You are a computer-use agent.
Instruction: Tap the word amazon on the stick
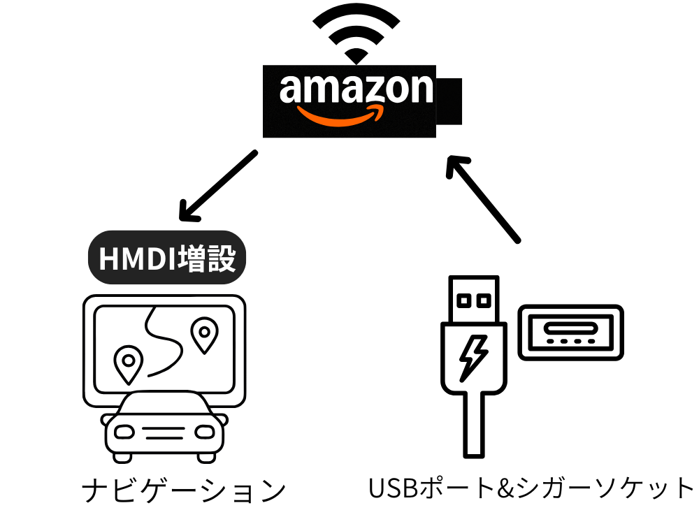click(x=356, y=89)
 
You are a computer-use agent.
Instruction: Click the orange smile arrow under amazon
click(x=340, y=114)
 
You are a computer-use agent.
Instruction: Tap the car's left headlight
click(x=124, y=432)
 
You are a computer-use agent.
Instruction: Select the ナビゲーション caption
click(x=183, y=491)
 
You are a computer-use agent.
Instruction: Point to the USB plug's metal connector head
click(x=473, y=300)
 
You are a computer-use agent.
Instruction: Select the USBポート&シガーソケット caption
click(x=531, y=488)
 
